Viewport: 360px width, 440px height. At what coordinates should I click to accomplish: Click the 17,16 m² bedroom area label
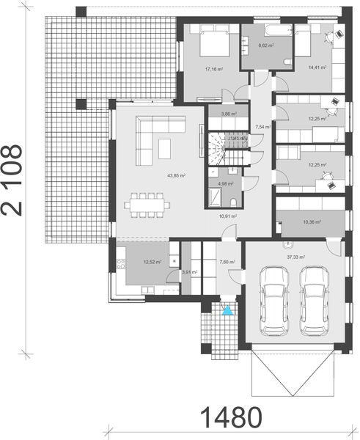tap(214, 70)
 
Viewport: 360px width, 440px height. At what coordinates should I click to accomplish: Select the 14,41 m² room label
tap(317, 67)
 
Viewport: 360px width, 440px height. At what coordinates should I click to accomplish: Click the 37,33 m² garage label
tap(296, 257)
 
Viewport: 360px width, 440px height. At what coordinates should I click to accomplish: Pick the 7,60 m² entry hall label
tap(226, 262)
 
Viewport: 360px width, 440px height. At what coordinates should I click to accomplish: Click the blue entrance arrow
tap(227, 311)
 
